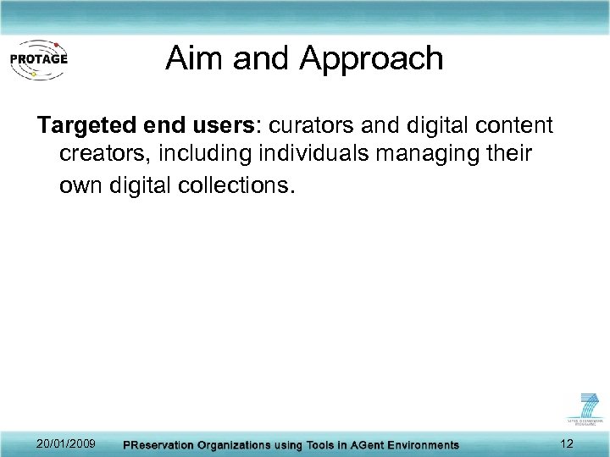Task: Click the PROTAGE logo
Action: (38, 58)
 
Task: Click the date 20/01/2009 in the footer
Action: (67, 444)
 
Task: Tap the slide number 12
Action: (567, 444)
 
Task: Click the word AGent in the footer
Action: (360, 445)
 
